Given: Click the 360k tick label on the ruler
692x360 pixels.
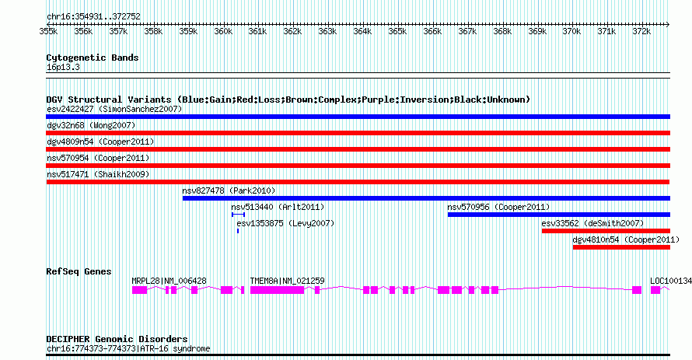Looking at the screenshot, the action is click(x=223, y=32).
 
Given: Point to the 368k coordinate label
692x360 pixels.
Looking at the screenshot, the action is click(x=502, y=32).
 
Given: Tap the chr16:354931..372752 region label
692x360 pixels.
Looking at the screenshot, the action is click(x=93, y=17).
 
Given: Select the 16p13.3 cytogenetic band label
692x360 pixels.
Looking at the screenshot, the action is click(x=63, y=68).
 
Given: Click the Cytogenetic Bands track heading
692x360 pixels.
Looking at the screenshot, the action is click(x=93, y=58).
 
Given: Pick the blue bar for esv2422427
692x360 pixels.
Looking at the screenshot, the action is click(x=358, y=117).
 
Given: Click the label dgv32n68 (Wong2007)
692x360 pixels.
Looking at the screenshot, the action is click(x=91, y=126).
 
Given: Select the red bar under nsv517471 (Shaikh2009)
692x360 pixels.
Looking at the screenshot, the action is click(x=358, y=182).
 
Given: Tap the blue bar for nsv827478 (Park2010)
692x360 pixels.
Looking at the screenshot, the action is click(x=426, y=198).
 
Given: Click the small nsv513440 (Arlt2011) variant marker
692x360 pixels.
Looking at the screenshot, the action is click(x=239, y=215).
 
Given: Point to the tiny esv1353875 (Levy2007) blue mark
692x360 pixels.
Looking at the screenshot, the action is click(x=238, y=231).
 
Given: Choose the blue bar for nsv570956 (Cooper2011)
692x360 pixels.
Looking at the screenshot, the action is click(x=559, y=215).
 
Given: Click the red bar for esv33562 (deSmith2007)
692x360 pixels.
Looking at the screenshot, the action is click(x=606, y=231).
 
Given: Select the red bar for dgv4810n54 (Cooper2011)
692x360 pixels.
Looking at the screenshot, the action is click(x=621, y=247).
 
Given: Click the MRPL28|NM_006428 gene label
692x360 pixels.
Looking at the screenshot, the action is click(x=169, y=281).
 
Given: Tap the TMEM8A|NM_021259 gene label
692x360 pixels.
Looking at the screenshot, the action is click(x=288, y=281).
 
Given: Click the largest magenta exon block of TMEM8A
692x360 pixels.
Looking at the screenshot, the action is click(x=277, y=290).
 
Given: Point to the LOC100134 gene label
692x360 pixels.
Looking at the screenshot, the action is click(x=671, y=281).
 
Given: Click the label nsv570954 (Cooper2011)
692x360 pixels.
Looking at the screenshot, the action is click(x=98, y=159).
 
